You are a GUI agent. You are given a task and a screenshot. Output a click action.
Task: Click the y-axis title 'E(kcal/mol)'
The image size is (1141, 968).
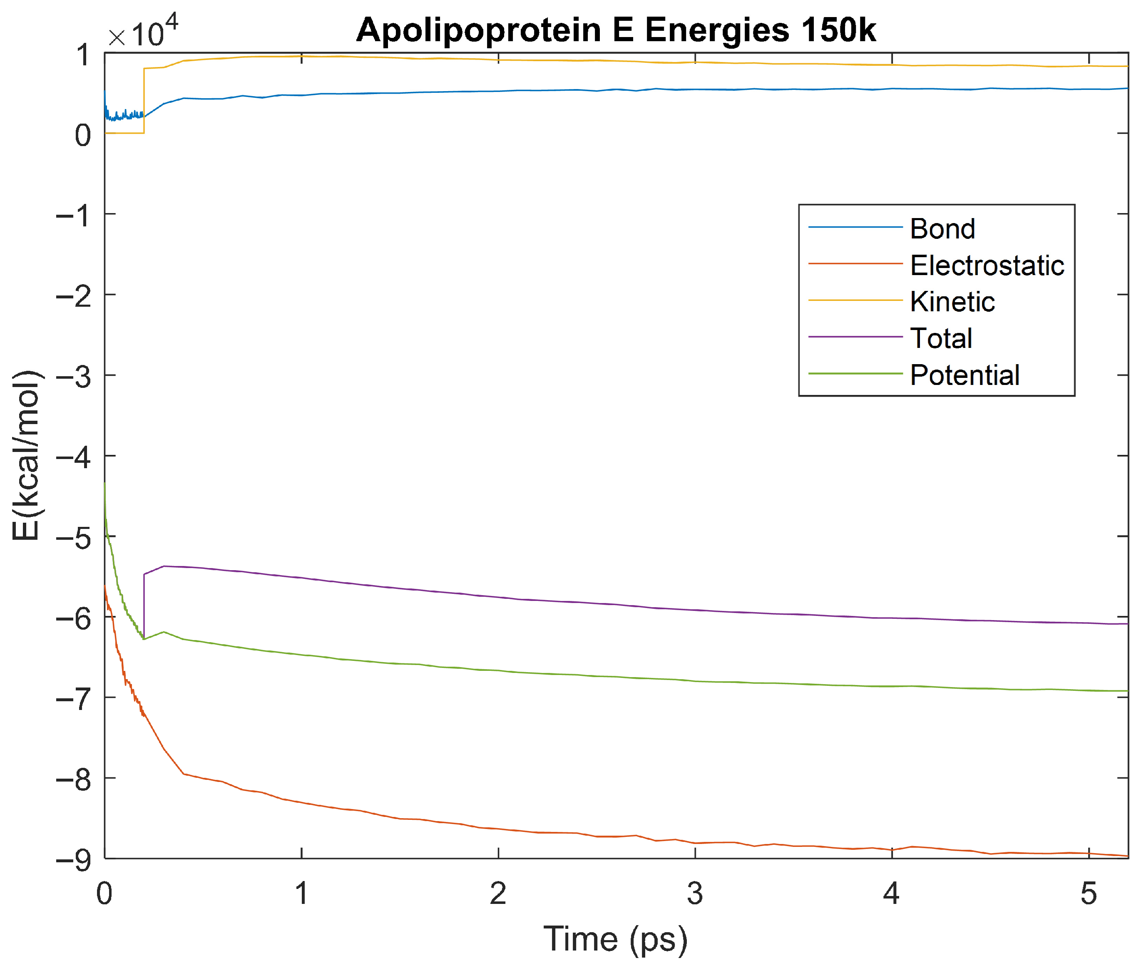coord(26,455)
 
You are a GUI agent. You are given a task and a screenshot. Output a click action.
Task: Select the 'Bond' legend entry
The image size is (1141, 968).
coord(942,228)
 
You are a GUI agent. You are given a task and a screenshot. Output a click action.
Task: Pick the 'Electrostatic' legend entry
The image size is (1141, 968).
coord(986,265)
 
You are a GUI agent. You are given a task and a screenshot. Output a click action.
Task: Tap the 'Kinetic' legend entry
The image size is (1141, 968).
coord(952,301)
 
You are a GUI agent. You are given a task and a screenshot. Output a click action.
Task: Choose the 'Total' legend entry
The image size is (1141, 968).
coord(941,338)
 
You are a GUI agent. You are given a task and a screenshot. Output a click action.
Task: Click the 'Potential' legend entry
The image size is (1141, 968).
coord(964,375)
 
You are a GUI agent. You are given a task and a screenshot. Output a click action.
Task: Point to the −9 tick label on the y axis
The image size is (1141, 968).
coord(74,860)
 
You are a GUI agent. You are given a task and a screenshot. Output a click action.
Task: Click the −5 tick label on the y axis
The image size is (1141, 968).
coord(74,538)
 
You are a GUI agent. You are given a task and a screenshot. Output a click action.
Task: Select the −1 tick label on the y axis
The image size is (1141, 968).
coord(74,215)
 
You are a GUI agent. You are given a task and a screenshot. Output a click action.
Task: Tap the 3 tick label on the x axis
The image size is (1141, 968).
coord(695,894)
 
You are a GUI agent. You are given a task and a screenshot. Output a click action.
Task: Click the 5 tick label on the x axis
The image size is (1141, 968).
coord(1088,894)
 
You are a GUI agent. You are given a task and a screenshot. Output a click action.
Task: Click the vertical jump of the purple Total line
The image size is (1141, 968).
coord(144,606)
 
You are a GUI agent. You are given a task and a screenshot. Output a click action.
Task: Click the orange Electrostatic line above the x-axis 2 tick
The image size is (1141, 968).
coord(498,829)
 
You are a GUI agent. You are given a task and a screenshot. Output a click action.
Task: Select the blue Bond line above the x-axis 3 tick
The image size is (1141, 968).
coord(695,89)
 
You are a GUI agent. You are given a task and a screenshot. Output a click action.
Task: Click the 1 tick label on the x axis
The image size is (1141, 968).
coord(301,894)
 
